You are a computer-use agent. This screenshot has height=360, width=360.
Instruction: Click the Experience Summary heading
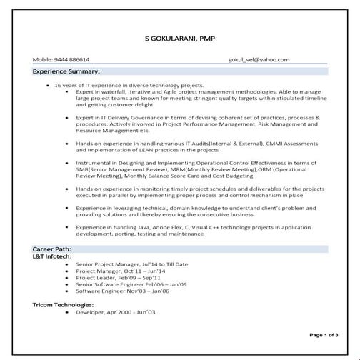(66, 72)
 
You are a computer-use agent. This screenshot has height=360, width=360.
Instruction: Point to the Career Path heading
(52, 248)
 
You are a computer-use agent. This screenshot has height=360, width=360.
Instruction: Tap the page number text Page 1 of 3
(324, 334)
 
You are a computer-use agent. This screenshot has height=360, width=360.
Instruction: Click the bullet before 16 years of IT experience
(46, 85)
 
